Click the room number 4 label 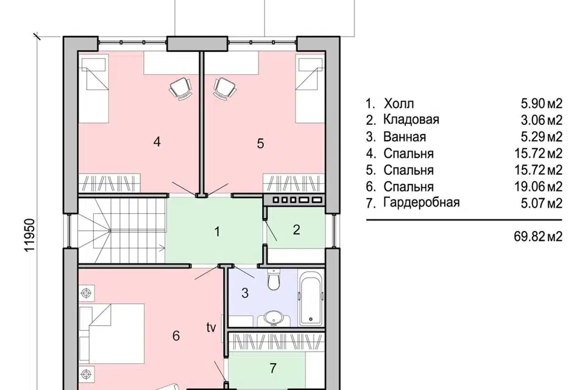[157, 142]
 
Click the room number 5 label [260, 143]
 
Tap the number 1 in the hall [217, 232]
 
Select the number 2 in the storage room [296, 230]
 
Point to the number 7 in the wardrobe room [273, 368]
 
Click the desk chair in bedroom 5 [225, 88]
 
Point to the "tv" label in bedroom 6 [211, 328]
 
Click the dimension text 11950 [29, 235]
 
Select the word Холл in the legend [399, 104]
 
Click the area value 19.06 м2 [538, 186]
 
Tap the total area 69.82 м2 [538, 236]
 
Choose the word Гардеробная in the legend [422, 203]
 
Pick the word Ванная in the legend [405, 136]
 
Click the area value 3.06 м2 [541, 120]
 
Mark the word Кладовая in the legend [411, 120]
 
